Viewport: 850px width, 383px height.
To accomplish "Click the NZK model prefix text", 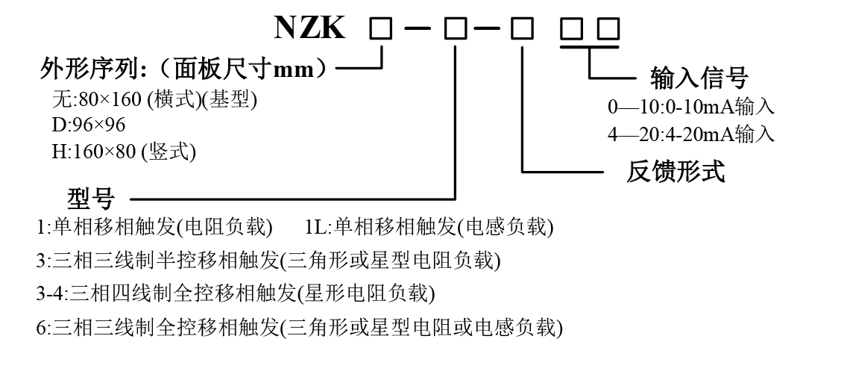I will coord(310,28).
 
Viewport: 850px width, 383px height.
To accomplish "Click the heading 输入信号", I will coord(699,77).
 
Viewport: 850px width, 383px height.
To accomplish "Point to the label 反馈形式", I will coord(675,172).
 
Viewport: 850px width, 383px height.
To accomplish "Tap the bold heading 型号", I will coord(91,199).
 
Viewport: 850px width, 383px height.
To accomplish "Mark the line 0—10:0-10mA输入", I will coord(691,107).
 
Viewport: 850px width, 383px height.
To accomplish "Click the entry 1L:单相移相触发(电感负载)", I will coord(429,226).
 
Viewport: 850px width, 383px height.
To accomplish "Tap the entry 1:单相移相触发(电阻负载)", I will coord(154,226).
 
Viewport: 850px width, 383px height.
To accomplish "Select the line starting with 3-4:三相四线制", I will coord(236,293).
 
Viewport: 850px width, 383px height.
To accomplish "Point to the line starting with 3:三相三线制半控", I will coord(268,260).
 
